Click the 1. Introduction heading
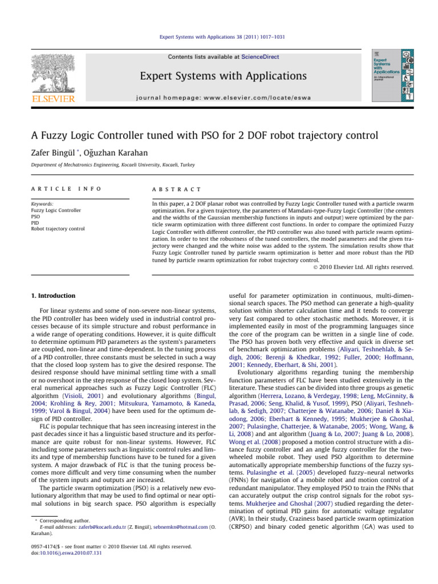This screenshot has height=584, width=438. click(x=52, y=295)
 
